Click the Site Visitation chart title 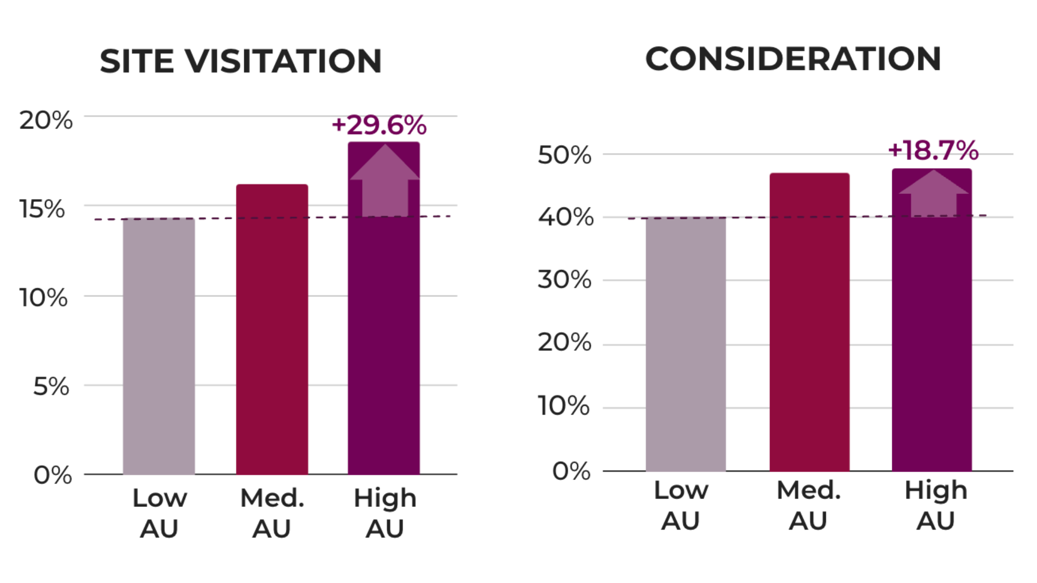(241, 61)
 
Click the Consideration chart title (793, 59)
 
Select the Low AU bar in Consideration (685, 344)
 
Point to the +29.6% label (379, 125)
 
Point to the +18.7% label (933, 150)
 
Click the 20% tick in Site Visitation (46, 120)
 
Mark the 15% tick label (42, 209)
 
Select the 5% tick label (51, 387)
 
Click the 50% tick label (564, 155)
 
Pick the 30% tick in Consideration (564, 280)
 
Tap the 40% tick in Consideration (565, 217)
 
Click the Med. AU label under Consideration (808, 505)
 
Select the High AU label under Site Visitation (385, 513)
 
